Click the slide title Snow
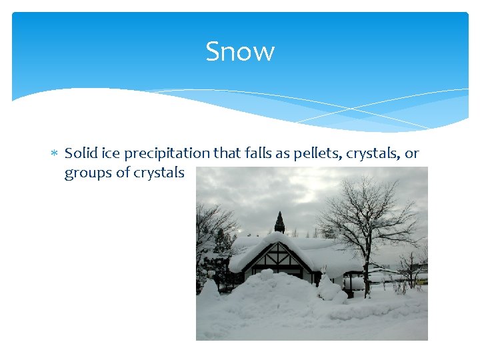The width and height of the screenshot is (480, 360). tap(240, 51)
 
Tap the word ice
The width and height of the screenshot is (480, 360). tap(108, 153)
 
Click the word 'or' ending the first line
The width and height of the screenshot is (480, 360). tap(412, 154)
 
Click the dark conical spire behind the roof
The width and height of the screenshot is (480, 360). tap(279, 223)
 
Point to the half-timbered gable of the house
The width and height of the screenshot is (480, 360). tap(279, 258)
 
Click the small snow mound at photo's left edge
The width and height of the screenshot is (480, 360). tap(209, 289)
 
